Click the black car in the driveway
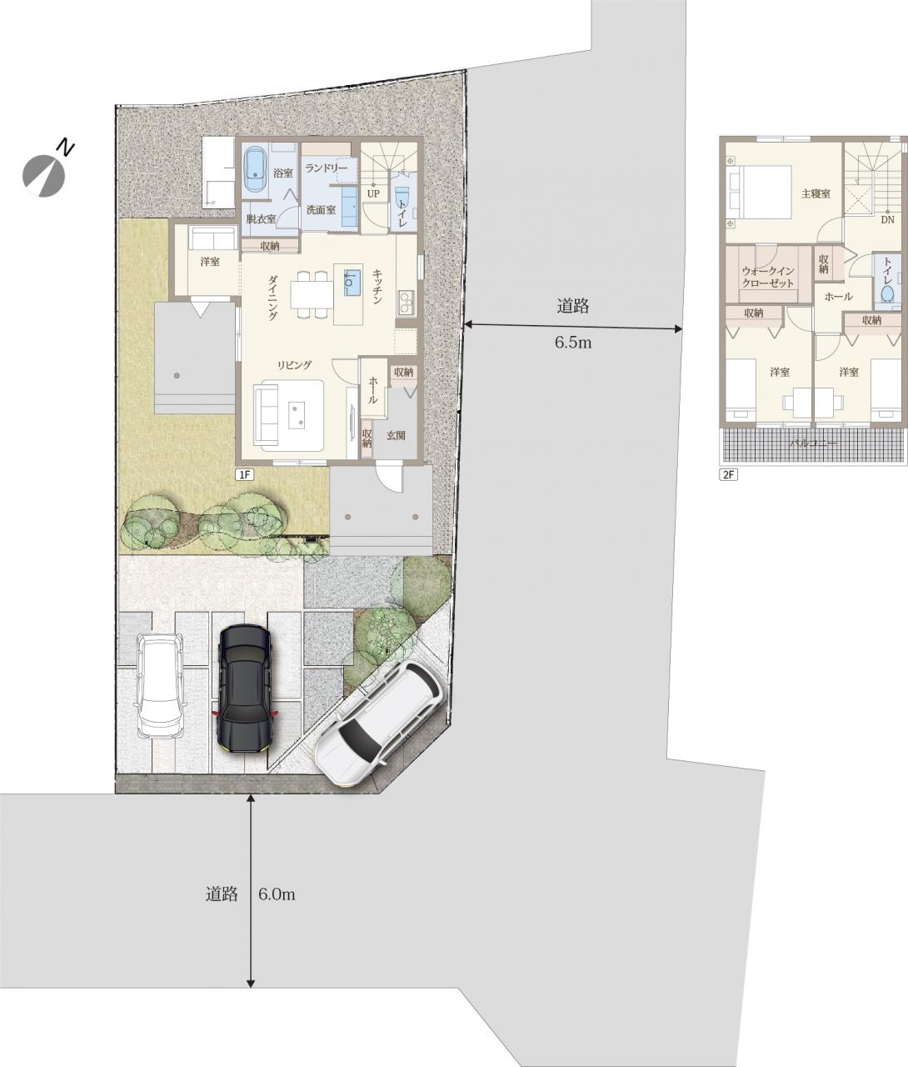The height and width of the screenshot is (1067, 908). coord(245,687)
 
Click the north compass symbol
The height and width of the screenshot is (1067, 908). coord(45,172)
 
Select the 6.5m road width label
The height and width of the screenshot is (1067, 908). coord(573,343)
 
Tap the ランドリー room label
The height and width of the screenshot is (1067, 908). coord(326,168)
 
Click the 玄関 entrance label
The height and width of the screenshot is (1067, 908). coord(396,435)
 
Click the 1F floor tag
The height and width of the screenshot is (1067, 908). coord(245,475)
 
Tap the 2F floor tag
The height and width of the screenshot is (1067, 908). coord(728,475)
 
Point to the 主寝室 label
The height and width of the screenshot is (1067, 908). coord(816,193)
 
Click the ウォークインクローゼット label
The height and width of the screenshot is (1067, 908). coord(768,278)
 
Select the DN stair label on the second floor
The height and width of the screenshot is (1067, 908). coord(887,219)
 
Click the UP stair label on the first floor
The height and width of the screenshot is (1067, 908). coord(373,193)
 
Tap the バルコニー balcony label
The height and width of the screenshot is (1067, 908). coord(813,443)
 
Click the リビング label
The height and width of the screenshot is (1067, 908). coord(295,365)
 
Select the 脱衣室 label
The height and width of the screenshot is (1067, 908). coord(261,219)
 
